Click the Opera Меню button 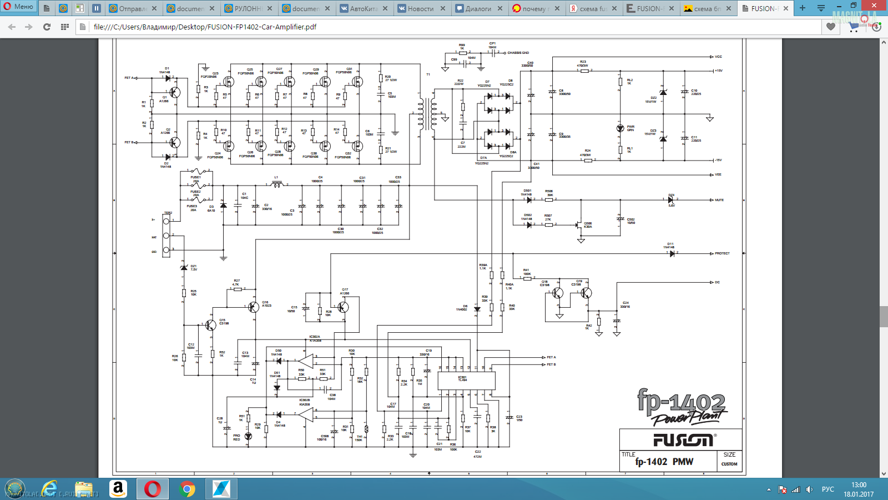(18, 7)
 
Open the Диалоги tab (478, 8)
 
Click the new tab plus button (802, 8)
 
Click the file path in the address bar (205, 27)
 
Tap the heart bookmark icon (831, 27)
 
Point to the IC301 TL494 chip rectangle (466, 381)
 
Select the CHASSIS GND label (518, 53)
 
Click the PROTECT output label (722, 253)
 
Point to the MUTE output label (719, 200)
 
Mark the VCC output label (719, 57)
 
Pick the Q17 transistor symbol (343, 307)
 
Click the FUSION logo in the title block (683, 440)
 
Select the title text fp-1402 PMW (664, 462)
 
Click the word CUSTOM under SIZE (729, 464)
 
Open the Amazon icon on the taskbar (118, 489)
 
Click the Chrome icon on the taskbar (188, 489)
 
